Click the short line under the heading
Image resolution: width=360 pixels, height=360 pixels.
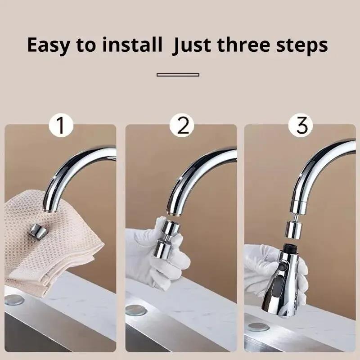178,75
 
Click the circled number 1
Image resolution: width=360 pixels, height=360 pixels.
61,126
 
